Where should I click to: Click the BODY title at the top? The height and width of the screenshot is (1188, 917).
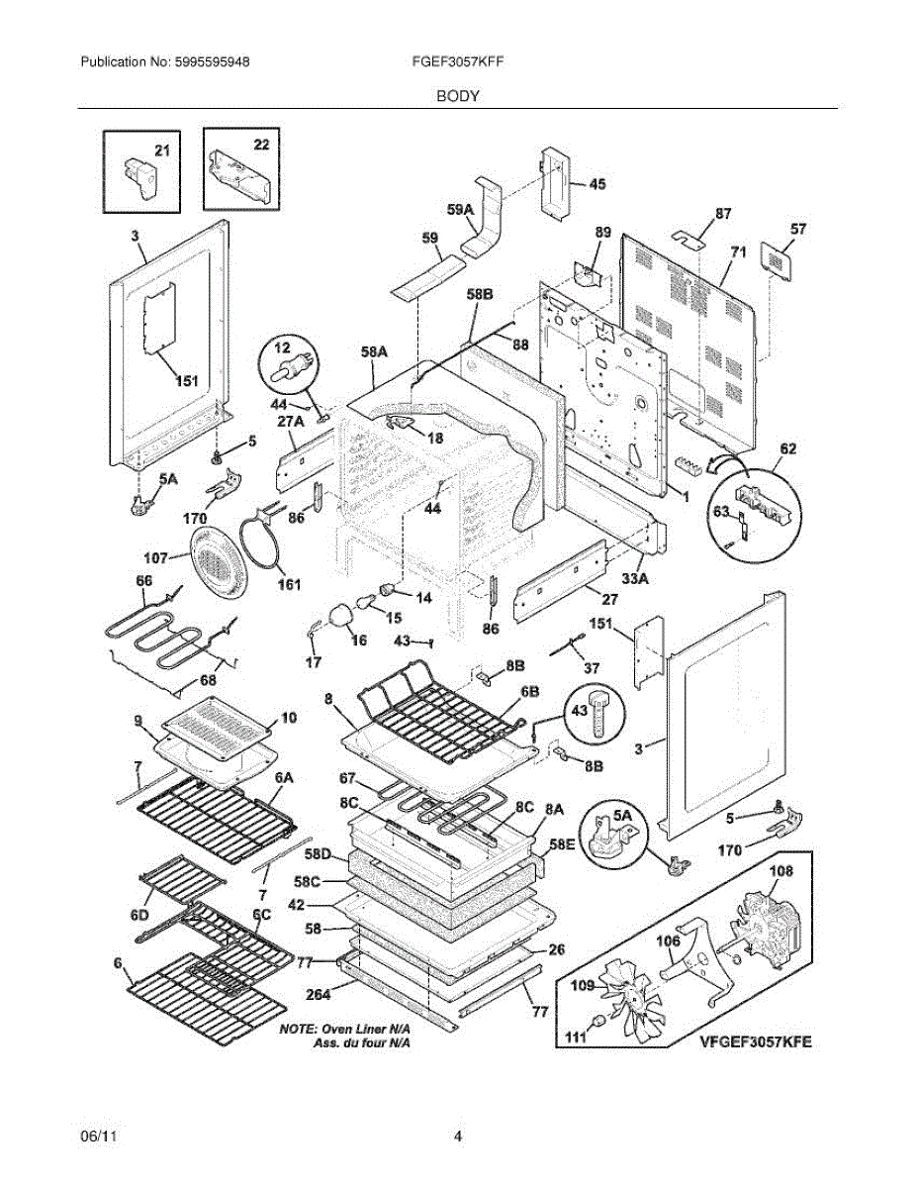tap(458, 96)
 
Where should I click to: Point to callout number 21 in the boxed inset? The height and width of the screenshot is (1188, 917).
tap(161, 150)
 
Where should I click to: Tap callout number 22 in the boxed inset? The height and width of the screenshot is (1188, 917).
tap(260, 145)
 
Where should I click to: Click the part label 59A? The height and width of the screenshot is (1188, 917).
tap(460, 210)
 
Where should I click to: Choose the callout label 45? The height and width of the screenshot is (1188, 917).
tap(596, 184)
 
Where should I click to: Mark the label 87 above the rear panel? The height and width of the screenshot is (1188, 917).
tap(723, 214)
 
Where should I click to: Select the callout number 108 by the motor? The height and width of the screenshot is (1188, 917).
tap(781, 872)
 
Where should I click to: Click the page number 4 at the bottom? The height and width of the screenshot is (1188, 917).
tap(458, 1138)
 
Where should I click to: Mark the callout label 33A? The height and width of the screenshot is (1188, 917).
tap(634, 577)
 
